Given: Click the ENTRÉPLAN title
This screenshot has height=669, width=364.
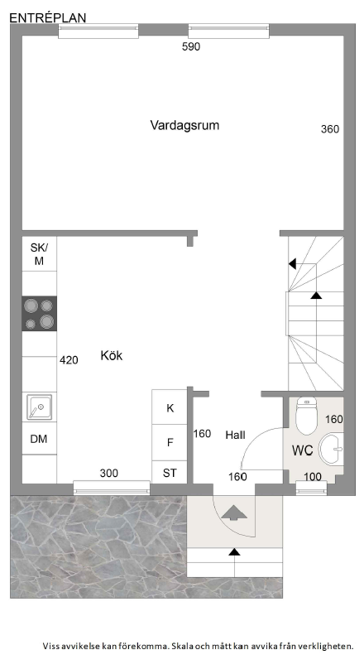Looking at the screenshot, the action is click(x=48, y=18).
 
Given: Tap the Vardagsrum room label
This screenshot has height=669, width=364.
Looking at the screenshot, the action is click(x=184, y=126).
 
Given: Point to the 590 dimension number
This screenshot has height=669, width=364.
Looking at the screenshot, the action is click(x=191, y=47).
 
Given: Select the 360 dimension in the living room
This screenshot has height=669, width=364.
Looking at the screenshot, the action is click(x=330, y=129).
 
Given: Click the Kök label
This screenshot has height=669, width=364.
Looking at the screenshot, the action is click(x=111, y=355).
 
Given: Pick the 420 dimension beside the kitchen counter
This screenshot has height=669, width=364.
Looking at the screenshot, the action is click(x=69, y=360).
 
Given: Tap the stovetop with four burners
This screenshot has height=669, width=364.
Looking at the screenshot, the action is click(x=39, y=313).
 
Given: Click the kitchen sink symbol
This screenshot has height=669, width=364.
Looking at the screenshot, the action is click(x=39, y=407).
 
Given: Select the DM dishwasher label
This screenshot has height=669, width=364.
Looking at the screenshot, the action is click(x=39, y=439).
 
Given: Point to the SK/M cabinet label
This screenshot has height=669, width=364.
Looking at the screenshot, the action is click(x=39, y=254).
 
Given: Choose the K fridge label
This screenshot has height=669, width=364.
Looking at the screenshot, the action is click(x=170, y=408).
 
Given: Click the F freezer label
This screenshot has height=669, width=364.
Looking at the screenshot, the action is click(x=170, y=443).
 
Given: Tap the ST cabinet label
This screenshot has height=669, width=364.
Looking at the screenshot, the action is click(x=170, y=473).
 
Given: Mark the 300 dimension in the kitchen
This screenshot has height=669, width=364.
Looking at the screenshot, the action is click(x=109, y=473).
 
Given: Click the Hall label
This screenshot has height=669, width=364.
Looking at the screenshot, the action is click(x=235, y=436).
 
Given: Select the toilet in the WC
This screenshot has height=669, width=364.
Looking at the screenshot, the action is click(x=306, y=414).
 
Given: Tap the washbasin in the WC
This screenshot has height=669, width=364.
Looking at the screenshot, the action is click(x=332, y=449).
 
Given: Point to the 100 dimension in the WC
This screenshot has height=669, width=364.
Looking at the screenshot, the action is click(x=313, y=477).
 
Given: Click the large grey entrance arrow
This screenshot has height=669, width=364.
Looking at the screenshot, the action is click(x=234, y=512).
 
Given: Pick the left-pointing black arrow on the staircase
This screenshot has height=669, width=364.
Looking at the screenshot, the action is click(x=292, y=264).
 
